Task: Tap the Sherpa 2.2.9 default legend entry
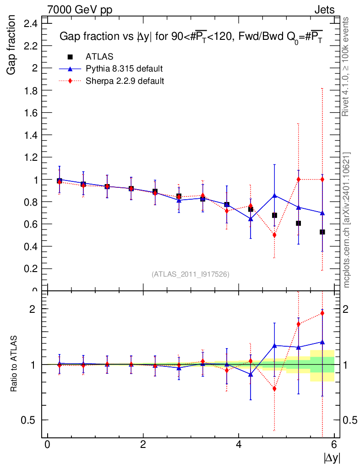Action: [125, 81]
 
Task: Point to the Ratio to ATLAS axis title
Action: [14, 364]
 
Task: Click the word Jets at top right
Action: [324, 10]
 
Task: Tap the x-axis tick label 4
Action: [239, 444]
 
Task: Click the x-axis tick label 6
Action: [334, 444]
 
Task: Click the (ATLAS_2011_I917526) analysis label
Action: [191, 274]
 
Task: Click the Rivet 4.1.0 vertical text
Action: [346, 66]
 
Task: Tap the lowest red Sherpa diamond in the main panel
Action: [274, 235]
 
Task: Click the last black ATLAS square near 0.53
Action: [322, 232]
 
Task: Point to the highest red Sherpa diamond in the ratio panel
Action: [322, 313]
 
